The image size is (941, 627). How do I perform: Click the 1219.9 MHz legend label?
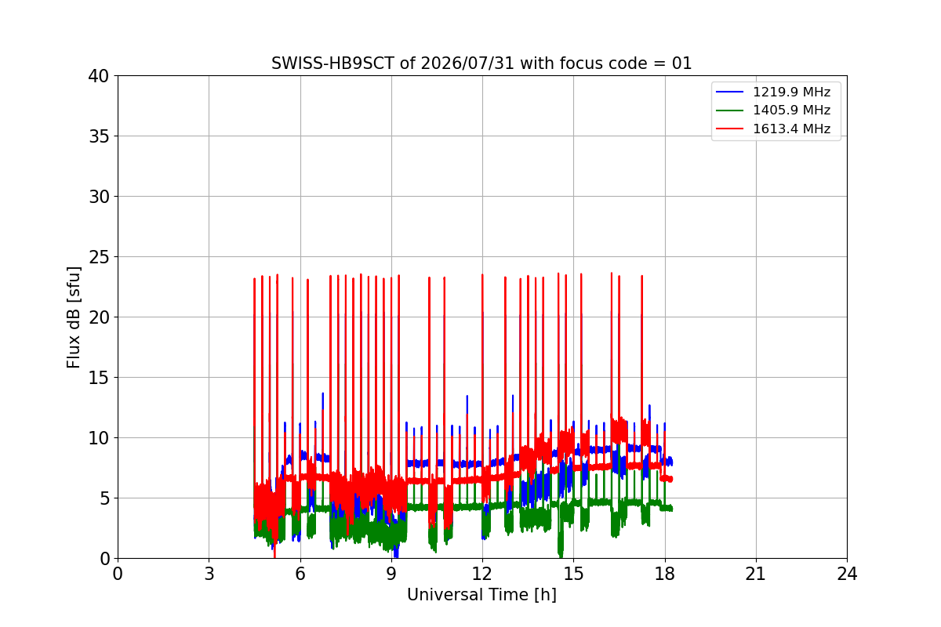tap(791, 92)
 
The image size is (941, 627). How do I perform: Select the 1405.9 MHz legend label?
tap(791, 110)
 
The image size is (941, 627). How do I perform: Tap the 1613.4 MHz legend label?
tap(791, 129)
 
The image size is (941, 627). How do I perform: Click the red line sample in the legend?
tap(730, 129)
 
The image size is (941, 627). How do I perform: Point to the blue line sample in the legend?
tap(730, 92)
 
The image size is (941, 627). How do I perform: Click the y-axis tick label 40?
tap(98, 76)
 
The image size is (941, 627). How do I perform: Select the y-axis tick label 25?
tap(98, 257)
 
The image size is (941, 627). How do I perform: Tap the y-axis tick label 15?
tap(98, 378)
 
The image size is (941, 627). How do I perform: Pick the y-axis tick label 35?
tap(98, 136)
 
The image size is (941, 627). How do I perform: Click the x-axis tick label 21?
tap(756, 574)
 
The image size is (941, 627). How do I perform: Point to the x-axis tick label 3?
tap(209, 574)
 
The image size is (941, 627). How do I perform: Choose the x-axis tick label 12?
tap(482, 574)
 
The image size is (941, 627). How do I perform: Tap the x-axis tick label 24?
tap(847, 574)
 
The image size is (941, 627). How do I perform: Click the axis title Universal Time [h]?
tap(481, 595)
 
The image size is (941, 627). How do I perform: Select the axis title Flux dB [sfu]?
tap(74, 317)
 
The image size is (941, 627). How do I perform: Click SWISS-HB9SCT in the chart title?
tap(332, 63)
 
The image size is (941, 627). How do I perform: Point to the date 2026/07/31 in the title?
tap(467, 63)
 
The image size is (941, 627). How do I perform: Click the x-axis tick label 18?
tap(665, 574)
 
